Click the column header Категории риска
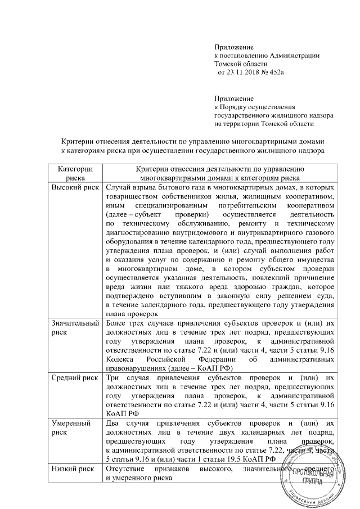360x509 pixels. [75, 173]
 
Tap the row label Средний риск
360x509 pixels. [75, 375]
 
